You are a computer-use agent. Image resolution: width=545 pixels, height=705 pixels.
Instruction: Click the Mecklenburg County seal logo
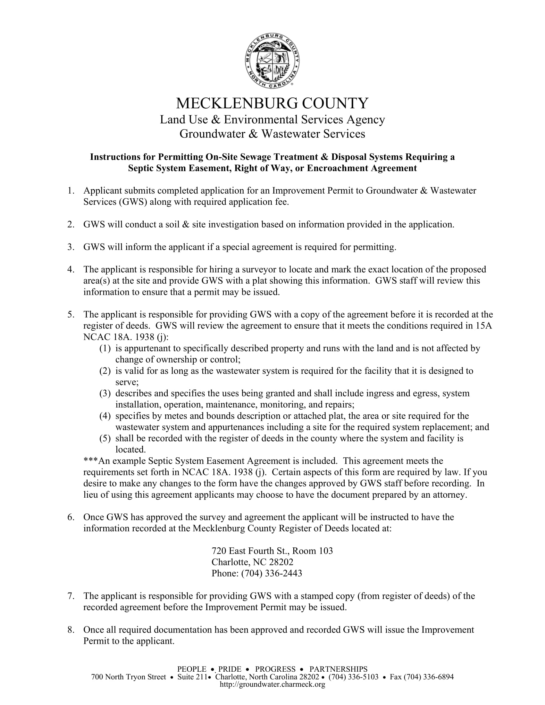272,61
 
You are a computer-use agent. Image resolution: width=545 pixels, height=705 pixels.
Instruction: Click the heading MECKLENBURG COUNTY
272,103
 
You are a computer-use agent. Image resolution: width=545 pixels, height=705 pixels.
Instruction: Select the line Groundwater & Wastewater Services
272,134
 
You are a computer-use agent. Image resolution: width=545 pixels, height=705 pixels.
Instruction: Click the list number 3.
71,247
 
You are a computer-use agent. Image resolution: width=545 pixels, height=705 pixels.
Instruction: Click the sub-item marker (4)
105,416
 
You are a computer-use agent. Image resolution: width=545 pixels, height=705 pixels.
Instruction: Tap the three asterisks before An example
90,461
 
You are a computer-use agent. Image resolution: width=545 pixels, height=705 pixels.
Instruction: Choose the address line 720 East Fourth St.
272,551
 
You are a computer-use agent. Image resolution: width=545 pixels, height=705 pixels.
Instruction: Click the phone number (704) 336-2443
272,573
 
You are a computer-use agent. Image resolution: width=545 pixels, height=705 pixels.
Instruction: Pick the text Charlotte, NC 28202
252,562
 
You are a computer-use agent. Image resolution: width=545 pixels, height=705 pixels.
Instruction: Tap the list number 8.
71,630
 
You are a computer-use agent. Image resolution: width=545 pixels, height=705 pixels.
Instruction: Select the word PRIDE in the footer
230,669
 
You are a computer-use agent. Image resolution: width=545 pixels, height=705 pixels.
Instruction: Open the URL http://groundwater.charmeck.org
272,684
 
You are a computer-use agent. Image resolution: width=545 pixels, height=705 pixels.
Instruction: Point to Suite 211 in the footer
192,677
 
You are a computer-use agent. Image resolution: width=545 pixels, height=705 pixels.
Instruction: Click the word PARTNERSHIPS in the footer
338,669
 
